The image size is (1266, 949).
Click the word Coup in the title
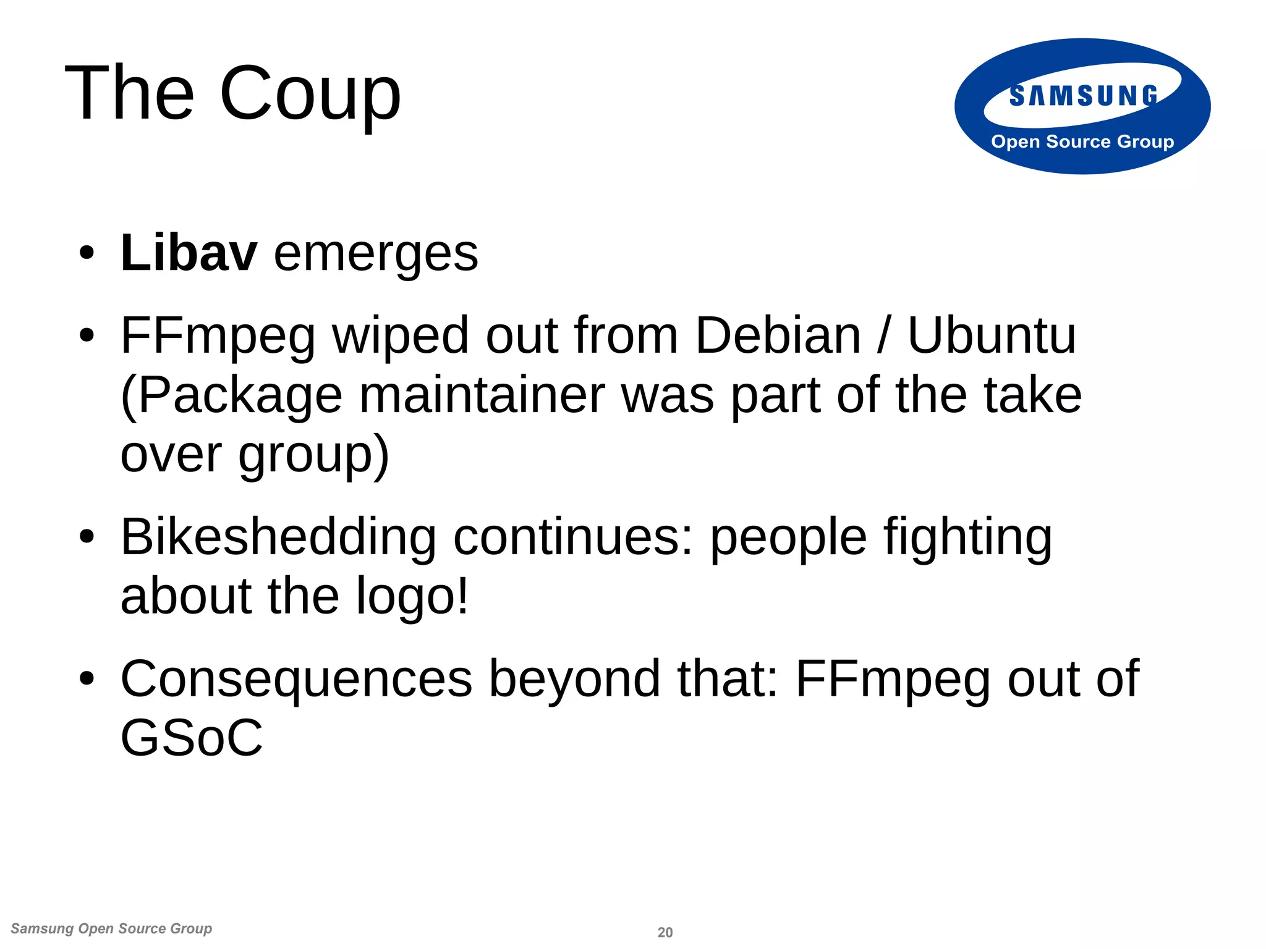(x=310, y=94)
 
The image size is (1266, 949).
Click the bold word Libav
(x=189, y=253)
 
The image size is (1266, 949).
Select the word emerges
(x=376, y=254)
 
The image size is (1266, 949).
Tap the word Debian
(x=778, y=335)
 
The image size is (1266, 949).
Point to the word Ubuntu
(x=992, y=335)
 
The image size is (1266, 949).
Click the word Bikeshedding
(x=278, y=536)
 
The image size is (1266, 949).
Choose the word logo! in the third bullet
(x=412, y=597)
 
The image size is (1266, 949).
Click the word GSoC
(x=192, y=738)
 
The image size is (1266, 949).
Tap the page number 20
(x=665, y=932)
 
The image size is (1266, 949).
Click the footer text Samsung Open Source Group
(x=111, y=929)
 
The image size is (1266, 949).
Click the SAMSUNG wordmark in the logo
(x=1083, y=96)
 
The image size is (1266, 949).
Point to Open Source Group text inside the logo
(x=1082, y=141)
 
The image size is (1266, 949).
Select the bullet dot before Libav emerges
(x=87, y=254)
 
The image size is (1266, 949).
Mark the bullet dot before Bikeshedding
(x=87, y=538)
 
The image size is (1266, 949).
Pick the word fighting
(x=967, y=538)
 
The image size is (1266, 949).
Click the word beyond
(x=575, y=678)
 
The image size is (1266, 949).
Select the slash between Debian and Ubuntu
(x=884, y=335)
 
